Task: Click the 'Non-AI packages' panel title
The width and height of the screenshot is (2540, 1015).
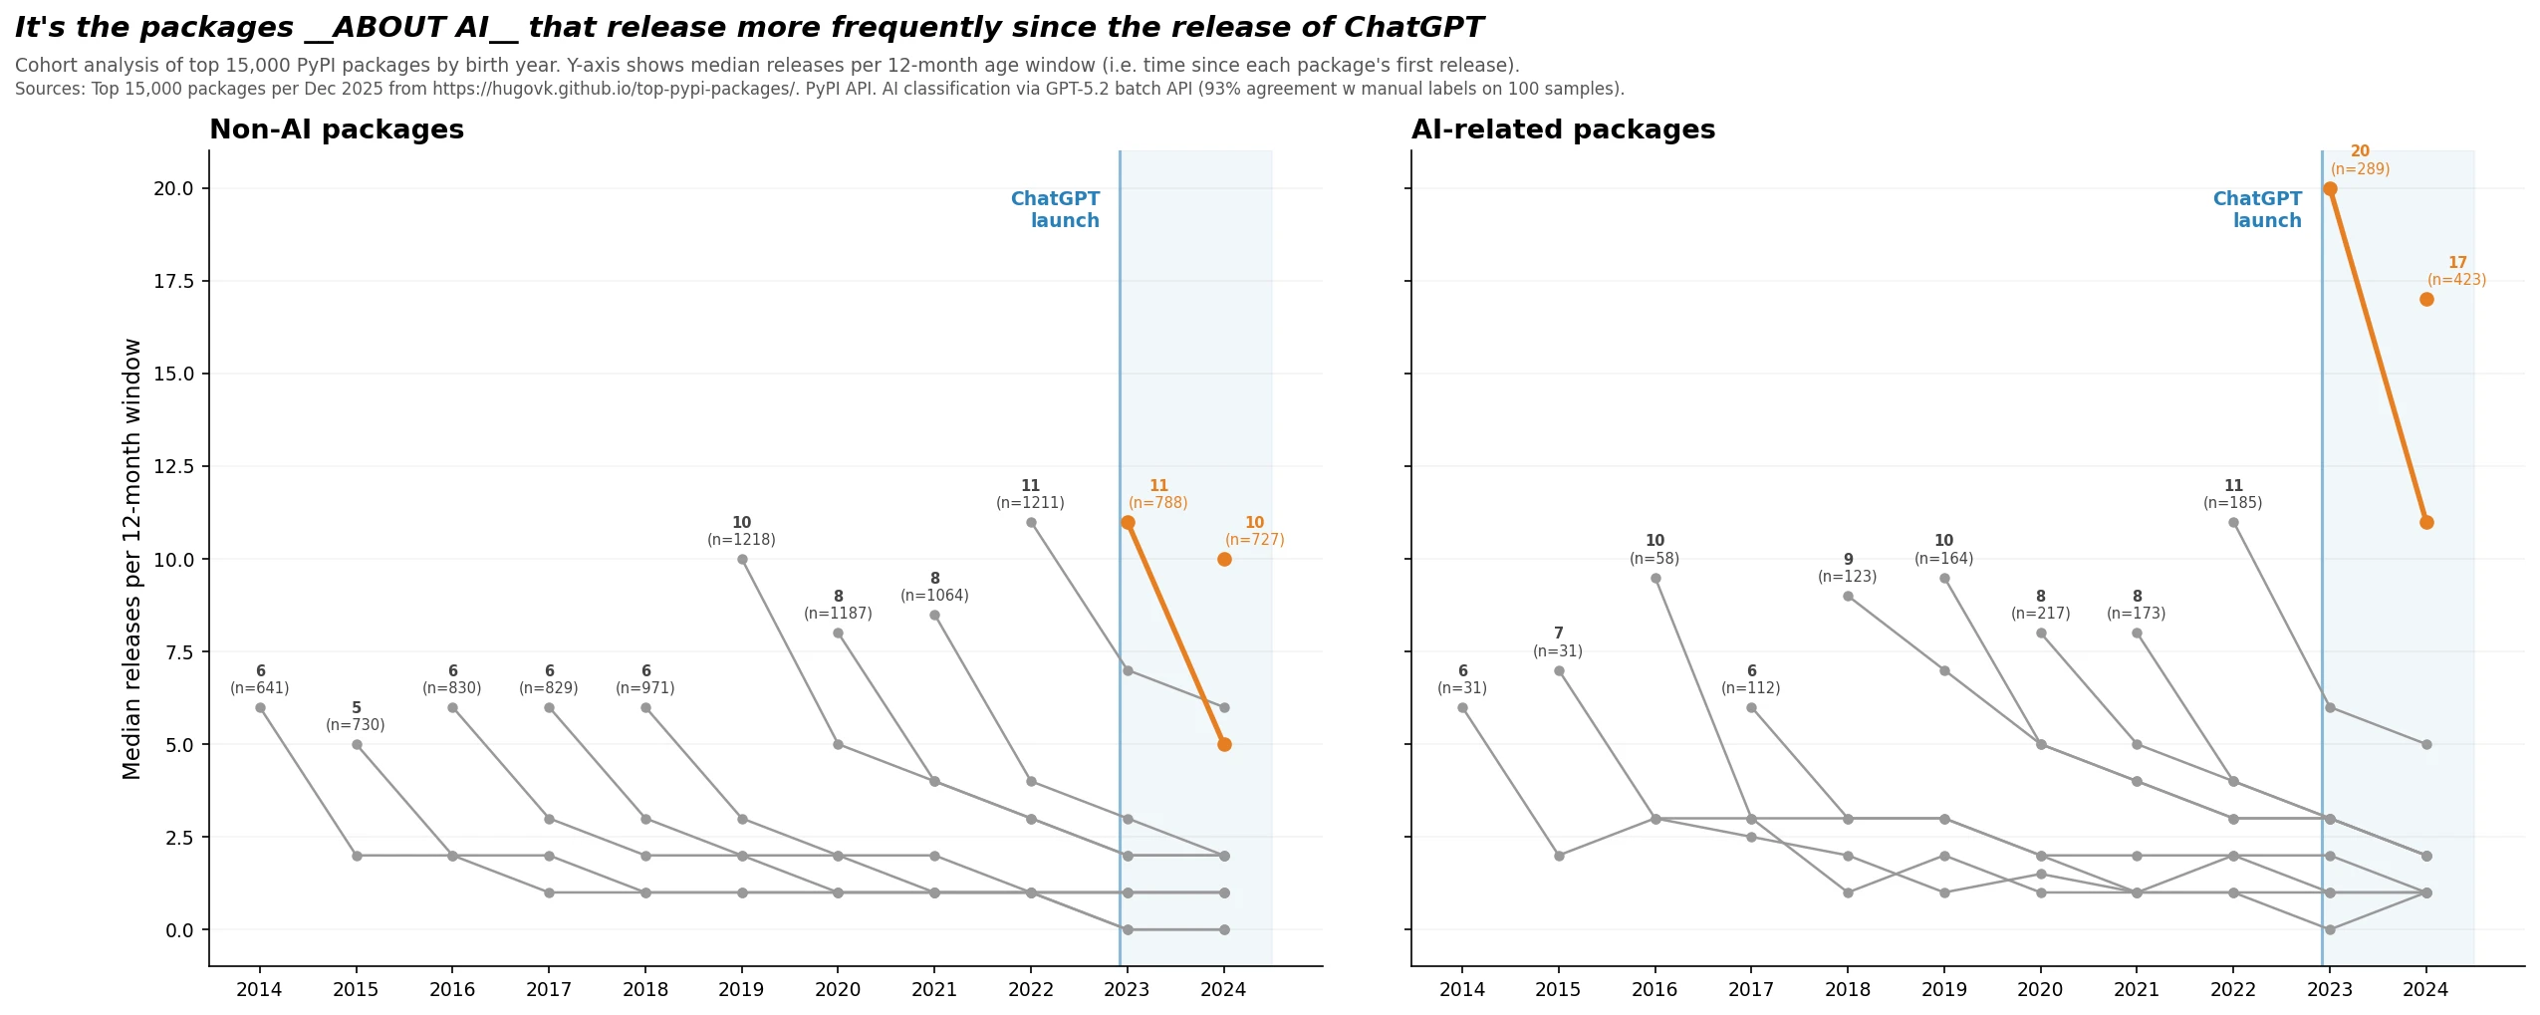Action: click(x=336, y=129)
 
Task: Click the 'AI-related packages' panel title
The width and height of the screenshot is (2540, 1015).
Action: click(x=1562, y=129)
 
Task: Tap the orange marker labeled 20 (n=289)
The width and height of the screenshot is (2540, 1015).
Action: click(x=2329, y=188)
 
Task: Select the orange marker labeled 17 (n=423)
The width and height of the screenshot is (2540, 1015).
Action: click(x=2425, y=299)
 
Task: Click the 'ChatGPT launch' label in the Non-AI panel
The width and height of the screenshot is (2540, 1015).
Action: click(x=1055, y=209)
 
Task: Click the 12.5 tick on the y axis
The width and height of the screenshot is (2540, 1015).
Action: click(x=173, y=466)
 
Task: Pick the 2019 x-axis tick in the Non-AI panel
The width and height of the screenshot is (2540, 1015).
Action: click(x=740, y=989)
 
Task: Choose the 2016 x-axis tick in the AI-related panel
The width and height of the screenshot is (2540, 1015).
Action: click(x=1653, y=989)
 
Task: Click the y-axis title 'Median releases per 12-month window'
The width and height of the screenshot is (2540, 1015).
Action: click(x=131, y=558)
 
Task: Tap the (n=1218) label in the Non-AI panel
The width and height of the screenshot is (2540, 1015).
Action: click(x=741, y=540)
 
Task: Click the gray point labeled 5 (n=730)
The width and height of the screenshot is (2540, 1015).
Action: click(x=357, y=744)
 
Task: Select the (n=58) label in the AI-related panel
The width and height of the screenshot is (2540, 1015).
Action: click(x=1653, y=559)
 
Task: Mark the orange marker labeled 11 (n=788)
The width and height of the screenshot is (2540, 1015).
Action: click(x=1127, y=522)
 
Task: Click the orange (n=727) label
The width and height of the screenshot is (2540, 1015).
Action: click(x=1254, y=540)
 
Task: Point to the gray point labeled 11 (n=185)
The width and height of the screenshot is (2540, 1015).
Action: click(x=2232, y=522)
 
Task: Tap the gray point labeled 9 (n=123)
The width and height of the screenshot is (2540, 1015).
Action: click(x=1847, y=596)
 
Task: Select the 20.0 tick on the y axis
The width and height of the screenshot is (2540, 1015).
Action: click(x=173, y=188)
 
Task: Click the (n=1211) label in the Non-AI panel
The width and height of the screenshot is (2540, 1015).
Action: click(x=1030, y=503)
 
